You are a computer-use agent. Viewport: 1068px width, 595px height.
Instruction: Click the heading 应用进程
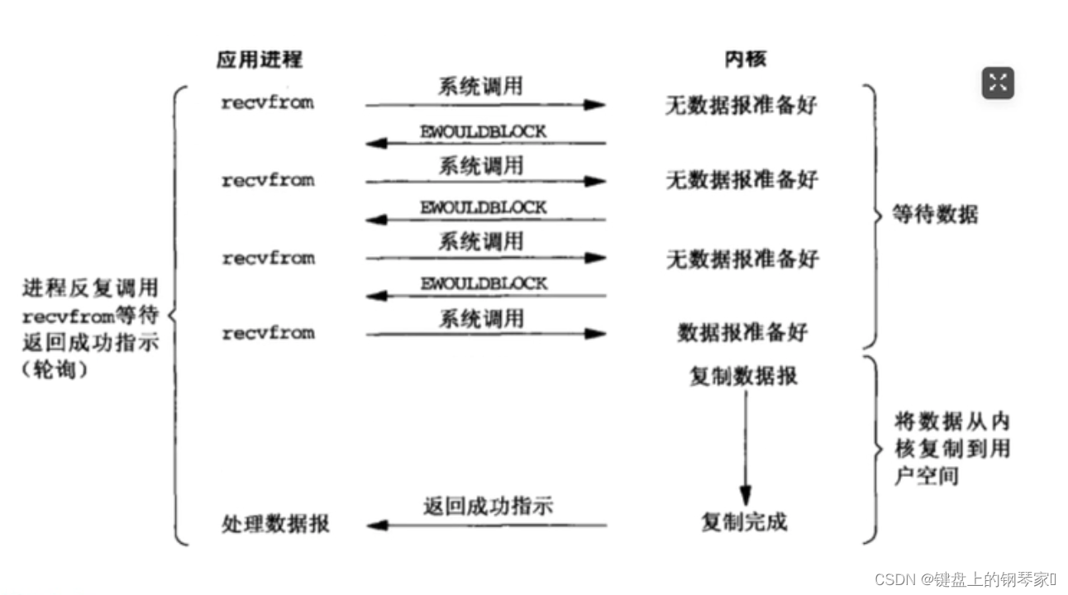click(x=259, y=59)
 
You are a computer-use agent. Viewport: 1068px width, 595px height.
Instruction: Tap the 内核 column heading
click(x=746, y=59)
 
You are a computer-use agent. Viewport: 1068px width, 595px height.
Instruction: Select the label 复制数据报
click(x=743, y=376)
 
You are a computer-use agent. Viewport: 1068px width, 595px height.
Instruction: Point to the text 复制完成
click(x=744, y=522)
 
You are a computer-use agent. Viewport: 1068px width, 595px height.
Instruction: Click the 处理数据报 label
click(x=275, y=524)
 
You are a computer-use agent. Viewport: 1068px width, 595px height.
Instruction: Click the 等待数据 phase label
click(x=936, y=216)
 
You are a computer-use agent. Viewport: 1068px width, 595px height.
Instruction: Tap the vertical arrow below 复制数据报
click(x=745, y=446)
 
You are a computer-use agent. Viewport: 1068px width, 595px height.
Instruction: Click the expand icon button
click(x=998, y=83)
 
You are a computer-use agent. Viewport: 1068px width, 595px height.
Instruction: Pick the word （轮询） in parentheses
click(x=55, y=370)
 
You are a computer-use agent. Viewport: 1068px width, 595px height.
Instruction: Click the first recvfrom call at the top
click(x=267, y=103)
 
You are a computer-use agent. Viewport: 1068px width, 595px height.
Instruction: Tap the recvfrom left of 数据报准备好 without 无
click(x=268, y=333)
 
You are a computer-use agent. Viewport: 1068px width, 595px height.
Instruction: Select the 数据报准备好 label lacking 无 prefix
click(x=742, y=333)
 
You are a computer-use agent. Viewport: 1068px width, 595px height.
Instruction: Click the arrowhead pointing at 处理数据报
click(x=376, y=525)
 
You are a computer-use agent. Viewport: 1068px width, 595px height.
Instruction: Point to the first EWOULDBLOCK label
click(x=483, y=131)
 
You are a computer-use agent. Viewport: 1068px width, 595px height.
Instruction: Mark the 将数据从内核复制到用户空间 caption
click(x=951, y=449)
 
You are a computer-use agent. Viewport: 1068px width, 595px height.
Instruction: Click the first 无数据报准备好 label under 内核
click(x=741, y=105)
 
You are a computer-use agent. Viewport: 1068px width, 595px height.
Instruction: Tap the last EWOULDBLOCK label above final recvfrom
click(x=483, y=283)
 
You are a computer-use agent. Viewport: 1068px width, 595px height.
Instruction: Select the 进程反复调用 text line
click(x=90, y=288)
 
